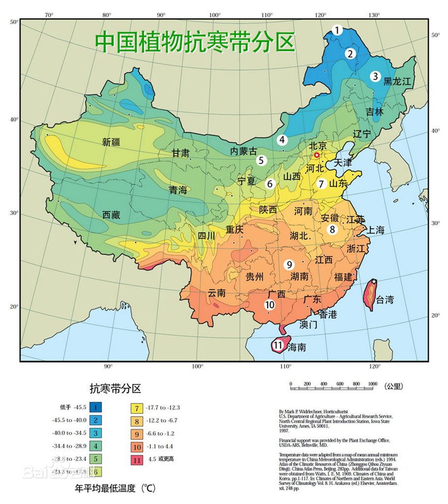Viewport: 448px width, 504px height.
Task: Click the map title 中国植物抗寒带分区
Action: (x=194, y=41)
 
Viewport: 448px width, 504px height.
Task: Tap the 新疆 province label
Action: (x=111, y=142)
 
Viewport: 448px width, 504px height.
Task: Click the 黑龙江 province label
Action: (x=397, y=81)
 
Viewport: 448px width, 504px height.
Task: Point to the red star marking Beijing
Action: (x=316, y=155)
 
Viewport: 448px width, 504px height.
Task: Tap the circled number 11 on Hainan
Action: (x=278, y=346)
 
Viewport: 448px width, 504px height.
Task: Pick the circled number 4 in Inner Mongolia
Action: (x=283, y=140)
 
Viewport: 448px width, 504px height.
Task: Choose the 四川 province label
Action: (x=206, y=236)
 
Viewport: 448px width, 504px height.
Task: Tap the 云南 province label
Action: (x=217, y=293)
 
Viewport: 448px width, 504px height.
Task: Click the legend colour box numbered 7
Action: (x=137, y=407)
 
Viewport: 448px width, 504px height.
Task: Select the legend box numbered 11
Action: (x=137, y=460)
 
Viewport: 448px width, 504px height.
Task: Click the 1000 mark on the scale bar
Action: (x=372, y=383)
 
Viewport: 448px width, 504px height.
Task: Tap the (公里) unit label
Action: (x=393, y=385)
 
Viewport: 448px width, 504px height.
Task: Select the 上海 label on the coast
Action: (x=375, y=230)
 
